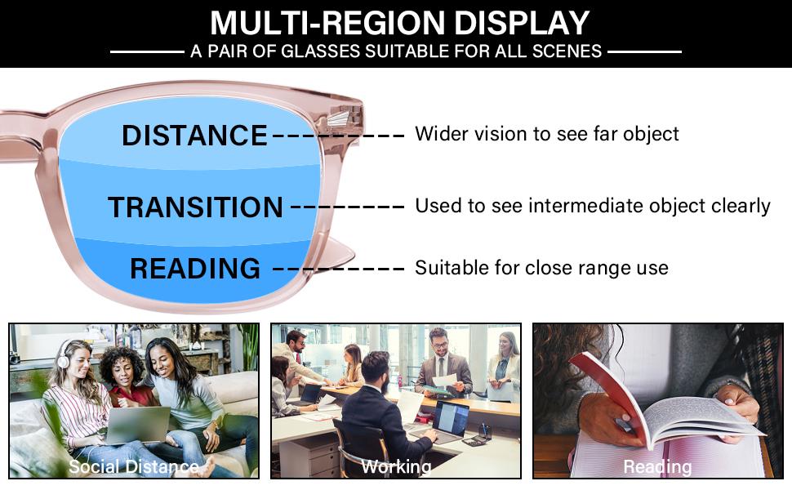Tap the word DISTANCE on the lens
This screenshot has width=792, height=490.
(194, 136)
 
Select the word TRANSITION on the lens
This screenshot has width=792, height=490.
(195, 207)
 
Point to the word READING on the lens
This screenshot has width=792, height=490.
(195, 269)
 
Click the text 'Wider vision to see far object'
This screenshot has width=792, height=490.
(546, 134)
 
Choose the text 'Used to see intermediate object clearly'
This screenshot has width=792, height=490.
(592, 206)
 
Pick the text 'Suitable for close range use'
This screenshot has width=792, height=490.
(541, 268)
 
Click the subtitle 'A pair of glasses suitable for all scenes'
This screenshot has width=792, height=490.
(396, 51)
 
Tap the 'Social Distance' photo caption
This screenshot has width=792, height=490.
(134, 466)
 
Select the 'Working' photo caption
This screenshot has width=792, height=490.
(396, 466)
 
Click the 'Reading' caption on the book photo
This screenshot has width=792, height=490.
(657, 466)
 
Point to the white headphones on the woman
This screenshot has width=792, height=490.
(63, 355)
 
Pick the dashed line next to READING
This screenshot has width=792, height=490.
(338, 269)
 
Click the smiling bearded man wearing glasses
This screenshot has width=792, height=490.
(442, 359)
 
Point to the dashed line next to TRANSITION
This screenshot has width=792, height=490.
(347, 207)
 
